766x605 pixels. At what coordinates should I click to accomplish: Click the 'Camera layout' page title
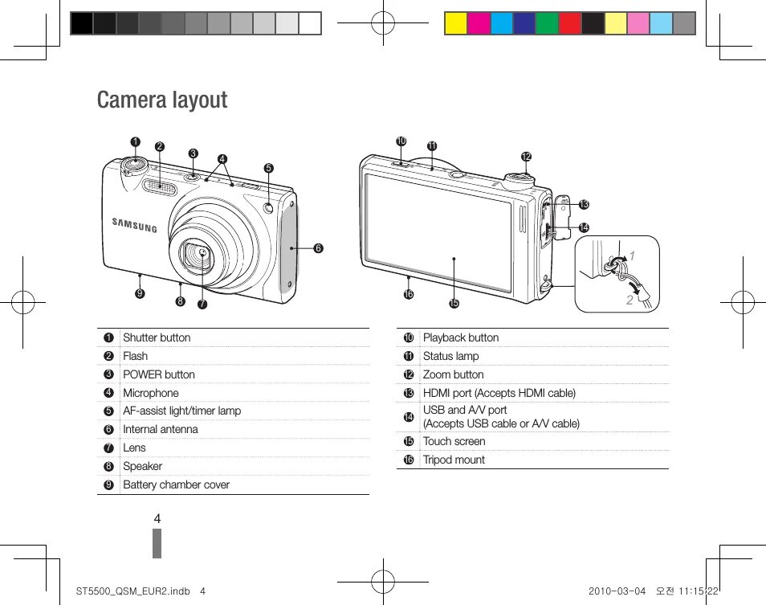click(x=162, y=100)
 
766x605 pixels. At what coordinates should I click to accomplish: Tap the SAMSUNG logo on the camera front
click(x=134, y=225)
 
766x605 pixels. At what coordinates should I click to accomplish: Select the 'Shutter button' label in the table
click(x=157, y=337)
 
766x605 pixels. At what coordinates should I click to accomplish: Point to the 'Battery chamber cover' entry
click(x=176, y=484)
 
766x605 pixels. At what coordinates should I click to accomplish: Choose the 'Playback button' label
click(x=460, y=337)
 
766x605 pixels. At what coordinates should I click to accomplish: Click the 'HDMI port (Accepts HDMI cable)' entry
click(x=499, y=393)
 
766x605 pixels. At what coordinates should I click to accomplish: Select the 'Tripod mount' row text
click(x=454, y=460)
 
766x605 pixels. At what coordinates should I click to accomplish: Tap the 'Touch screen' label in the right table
click(x=454, y=441)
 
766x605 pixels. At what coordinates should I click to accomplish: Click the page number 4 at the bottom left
click(x=157, y=519)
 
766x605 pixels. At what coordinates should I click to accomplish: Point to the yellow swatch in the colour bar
click(x=456, y=23)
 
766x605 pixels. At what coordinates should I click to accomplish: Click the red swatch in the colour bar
click(x=570, y=23)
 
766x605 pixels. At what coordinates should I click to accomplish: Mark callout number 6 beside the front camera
click(x=318, y=248)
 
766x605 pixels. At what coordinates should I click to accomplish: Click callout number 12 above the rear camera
click(x=526, y=156)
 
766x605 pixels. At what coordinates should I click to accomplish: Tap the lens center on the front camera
click(x=201, y=255)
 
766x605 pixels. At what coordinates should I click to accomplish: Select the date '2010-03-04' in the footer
click(x=616, y=591)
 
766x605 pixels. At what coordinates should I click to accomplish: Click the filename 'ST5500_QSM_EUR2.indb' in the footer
click(x=129, y=591)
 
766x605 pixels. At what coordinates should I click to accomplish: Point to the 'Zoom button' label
click(x=453, y=374)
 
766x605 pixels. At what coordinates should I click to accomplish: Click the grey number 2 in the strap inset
click(x=630, y=300)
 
